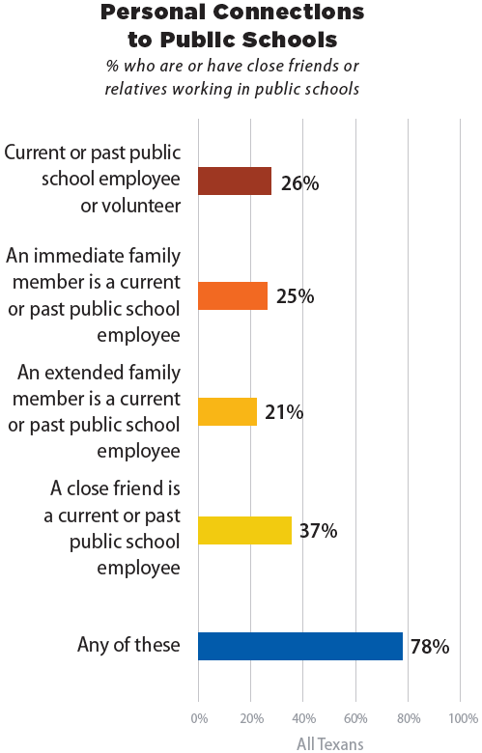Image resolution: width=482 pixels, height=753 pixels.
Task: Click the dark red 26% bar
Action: (235, 181)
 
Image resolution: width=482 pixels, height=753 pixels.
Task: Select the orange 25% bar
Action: (233, 295)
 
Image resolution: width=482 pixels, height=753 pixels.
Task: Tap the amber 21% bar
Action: (227, 411)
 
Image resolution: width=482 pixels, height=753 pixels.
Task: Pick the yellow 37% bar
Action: (244, 530)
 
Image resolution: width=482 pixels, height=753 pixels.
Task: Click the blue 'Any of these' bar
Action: (300, 647)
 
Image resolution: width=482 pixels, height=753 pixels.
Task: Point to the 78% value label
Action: (430, 647)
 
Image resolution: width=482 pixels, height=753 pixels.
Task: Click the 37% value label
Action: (318, 531)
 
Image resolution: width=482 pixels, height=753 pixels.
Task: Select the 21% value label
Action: (284, 412)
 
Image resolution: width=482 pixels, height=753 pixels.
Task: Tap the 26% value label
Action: (299, 183)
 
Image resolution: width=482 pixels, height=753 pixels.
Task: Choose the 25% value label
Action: (295, 296)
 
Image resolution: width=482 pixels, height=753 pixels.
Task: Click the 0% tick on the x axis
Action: (199, 718)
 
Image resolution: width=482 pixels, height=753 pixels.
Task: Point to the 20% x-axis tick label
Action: (252, 718)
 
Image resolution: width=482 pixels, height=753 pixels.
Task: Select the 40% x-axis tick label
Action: (303, 718)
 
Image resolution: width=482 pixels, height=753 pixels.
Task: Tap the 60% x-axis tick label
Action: (355, 718)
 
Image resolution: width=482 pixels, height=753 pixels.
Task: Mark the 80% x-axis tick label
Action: (409, 718)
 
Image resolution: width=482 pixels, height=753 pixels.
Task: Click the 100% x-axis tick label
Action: (464, 718)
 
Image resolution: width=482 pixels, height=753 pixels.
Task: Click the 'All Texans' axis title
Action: (330, 744)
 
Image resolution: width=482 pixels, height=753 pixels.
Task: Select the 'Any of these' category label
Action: (128, 645)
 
